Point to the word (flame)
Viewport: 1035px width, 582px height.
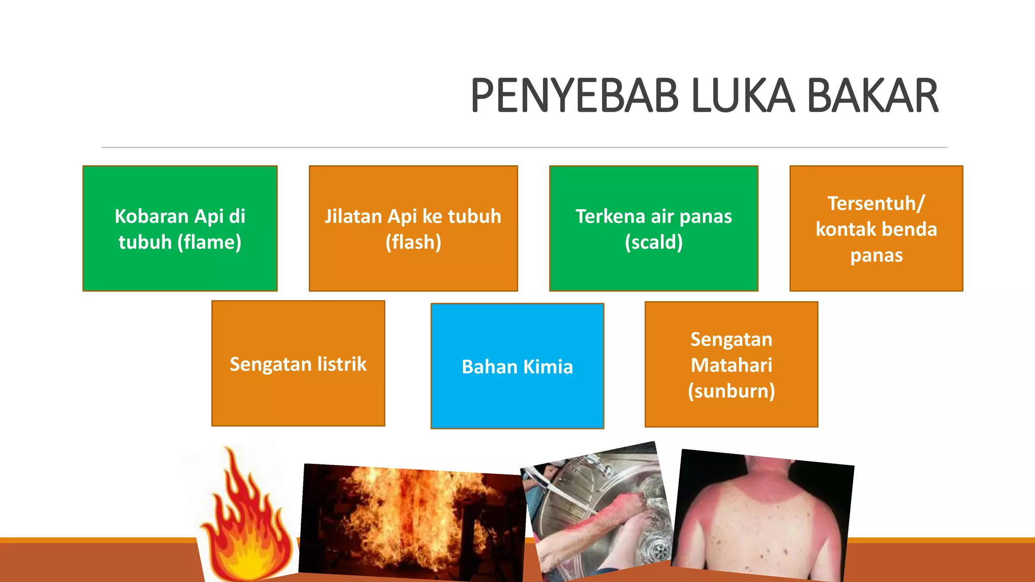pyautogui.click(x=209, y=243)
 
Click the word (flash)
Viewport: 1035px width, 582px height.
pyautogui.click(x=413, y=243)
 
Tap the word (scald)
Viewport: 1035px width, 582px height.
pyautogui.click(x=653, y=243)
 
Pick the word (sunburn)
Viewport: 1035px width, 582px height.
pyautogui.click(x=731, y=391)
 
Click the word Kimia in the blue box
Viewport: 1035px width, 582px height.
pyautogui.click(x=548, y=367)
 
